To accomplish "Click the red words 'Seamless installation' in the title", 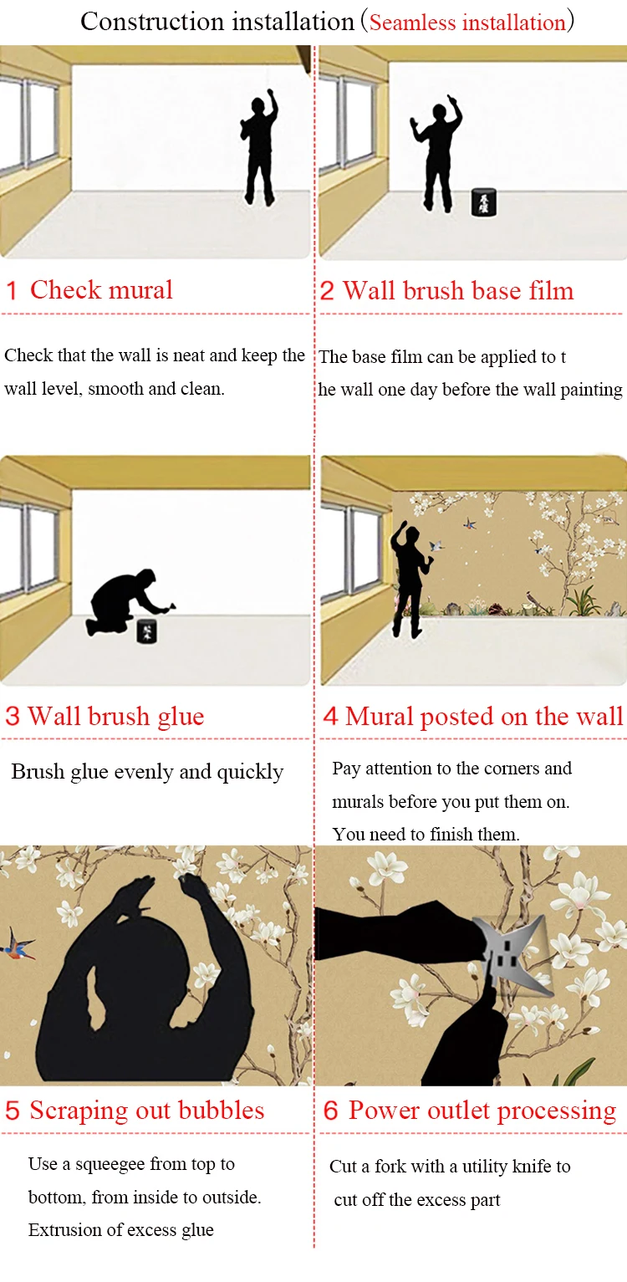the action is pos(467,23).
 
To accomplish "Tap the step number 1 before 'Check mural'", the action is pos(12,290).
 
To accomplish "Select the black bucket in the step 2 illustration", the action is pos(483,202).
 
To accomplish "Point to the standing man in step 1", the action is pos(259,147).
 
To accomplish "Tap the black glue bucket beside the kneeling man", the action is pos(146,631).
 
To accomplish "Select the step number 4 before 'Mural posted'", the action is pos(330,716).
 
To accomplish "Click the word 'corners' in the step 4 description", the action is pos(509,768).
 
